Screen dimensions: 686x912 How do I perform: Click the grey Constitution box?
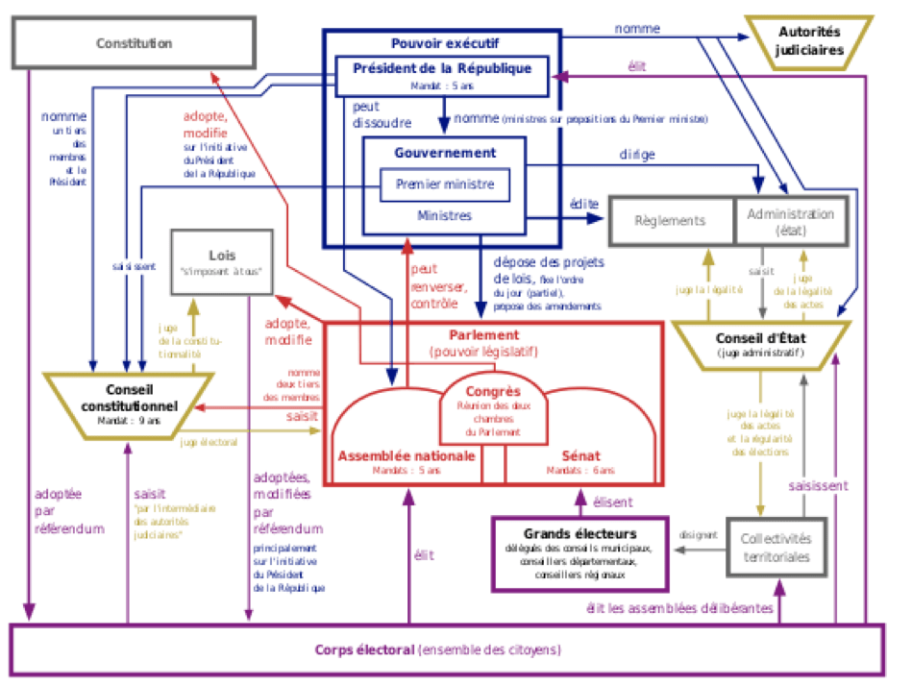point(135,44)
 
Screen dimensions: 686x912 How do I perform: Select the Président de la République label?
point(442,69)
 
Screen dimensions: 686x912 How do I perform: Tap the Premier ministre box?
point(443,185)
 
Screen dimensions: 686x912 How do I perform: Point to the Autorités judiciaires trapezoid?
point(809,42)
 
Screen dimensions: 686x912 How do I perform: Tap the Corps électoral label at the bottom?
point(438,649)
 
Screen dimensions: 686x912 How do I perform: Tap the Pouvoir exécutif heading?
point(439,42)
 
